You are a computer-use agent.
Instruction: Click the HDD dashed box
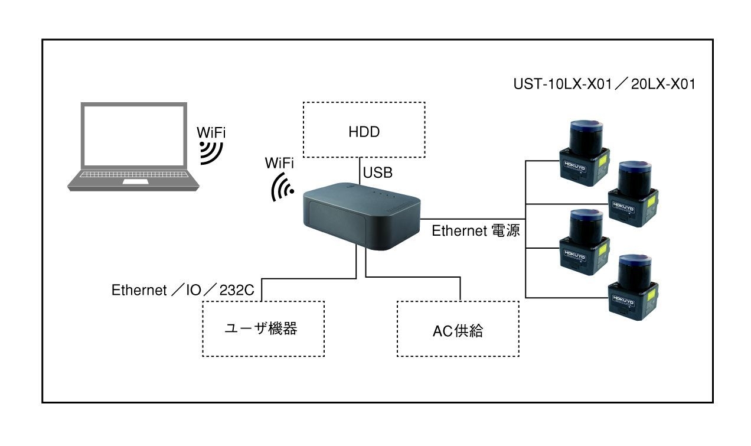(364, 130)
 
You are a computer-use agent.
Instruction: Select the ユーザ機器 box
(263, 328)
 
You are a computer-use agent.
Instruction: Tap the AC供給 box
(458, 329)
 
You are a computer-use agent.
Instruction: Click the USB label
(378, 173)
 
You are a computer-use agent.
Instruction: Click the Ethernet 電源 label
(476, 231)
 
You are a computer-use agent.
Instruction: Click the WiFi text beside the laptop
(211, 131)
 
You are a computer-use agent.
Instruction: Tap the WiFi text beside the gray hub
(280, 162)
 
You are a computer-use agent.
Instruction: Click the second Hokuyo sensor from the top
(634, 195)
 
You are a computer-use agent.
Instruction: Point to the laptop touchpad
(136, 183)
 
